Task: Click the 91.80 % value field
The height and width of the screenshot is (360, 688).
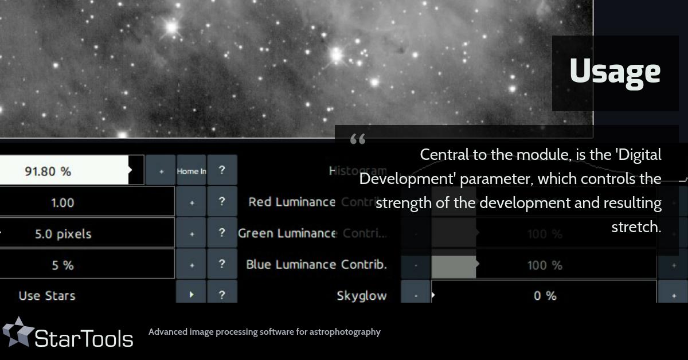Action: [x=48, y=171]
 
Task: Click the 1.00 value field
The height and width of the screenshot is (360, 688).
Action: [x=62, y=202]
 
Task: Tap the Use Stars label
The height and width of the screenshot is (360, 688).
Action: [x=47, y=296]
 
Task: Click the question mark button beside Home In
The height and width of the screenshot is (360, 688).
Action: [x=222, y=171]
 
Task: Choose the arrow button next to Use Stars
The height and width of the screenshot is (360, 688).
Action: [x=191, y=295]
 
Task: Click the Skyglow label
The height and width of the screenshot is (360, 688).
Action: [x=361, y=296]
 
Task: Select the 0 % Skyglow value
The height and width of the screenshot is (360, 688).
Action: [x=545, y=296]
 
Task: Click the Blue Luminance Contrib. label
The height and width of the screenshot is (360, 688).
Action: [x=316, y=264]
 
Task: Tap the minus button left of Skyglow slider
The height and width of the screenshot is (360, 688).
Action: [x=416, y=296]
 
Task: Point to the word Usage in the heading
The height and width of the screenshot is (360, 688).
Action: [x=615, y=71]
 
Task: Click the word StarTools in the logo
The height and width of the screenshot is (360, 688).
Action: [x=84, y=338]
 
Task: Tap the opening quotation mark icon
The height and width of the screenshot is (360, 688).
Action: [x=357, y=139]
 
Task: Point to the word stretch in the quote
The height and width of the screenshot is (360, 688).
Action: [x=636, y=227]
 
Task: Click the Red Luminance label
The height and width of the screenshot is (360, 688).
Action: [x=291, y=202]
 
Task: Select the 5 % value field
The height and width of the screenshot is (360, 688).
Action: [x=62, y=265]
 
